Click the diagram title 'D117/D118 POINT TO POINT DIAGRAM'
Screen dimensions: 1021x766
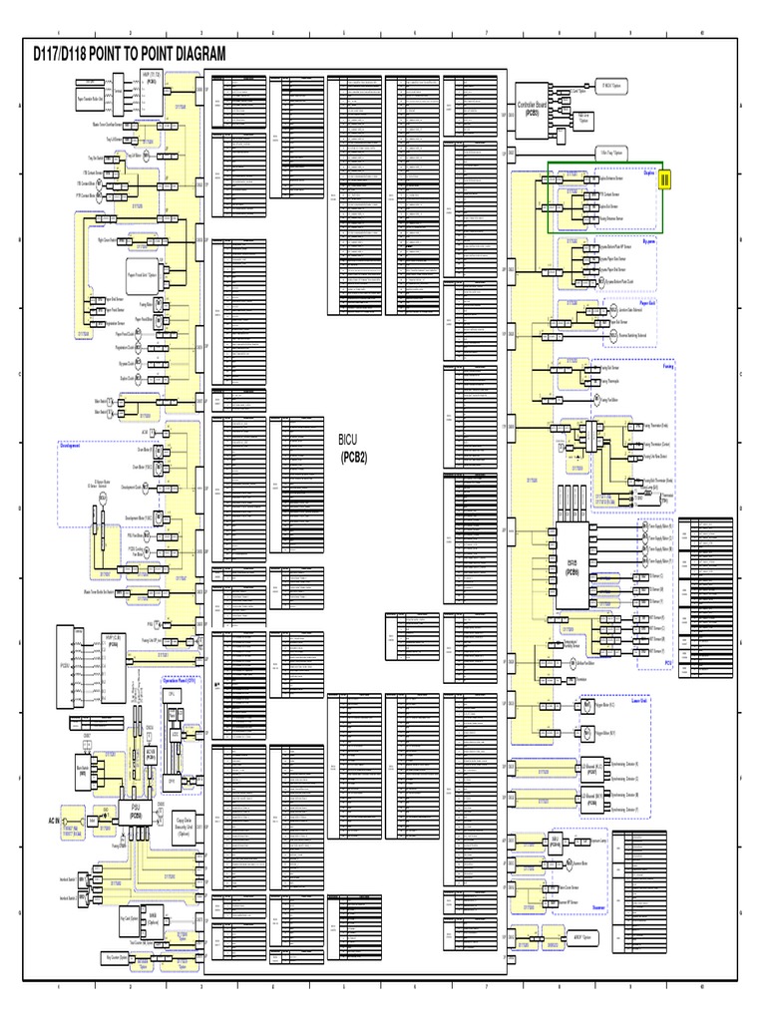coord(130,53)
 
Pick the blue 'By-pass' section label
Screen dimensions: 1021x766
coord(654,240)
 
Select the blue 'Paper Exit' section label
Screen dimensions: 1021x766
coord(646,302)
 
